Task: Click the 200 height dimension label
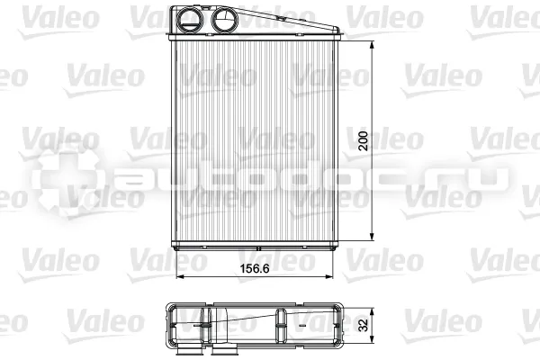pos(363,140)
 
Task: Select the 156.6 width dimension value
pos(255,268)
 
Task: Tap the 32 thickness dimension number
pos(363,325)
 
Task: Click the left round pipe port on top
pos(190,20)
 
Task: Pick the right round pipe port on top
pos(224,20)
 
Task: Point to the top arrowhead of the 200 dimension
pos(372,46)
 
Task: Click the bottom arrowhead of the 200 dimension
pos(372,236)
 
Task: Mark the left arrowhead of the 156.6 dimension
pos(181,276)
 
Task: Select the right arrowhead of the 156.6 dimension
pos(328,276)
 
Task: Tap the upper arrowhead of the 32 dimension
pos(372,312)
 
